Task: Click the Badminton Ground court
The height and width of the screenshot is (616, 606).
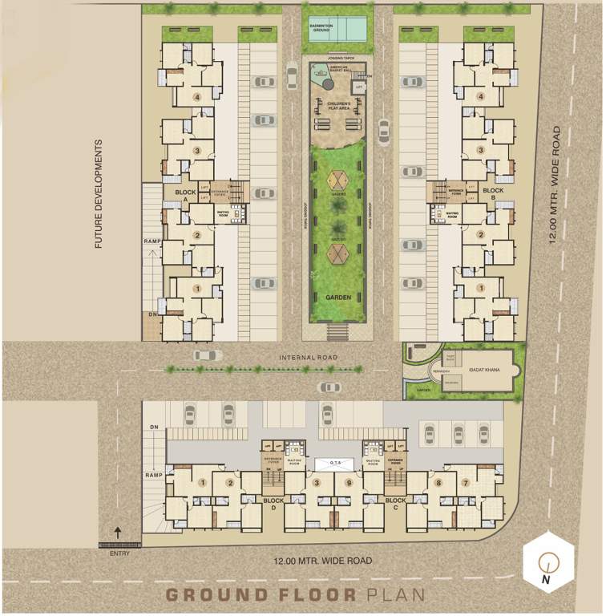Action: click(x=337, y=30)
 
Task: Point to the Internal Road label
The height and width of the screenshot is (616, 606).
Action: click(x=309, y=358)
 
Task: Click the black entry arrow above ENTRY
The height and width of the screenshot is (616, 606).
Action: click(x=117, y=532)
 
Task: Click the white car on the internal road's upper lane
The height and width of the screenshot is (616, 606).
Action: click(x=207, y=355)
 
